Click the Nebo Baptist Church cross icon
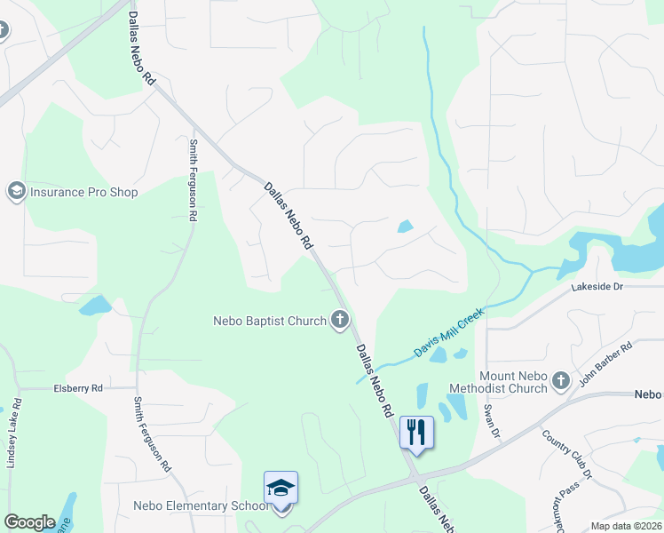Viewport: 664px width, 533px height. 339,320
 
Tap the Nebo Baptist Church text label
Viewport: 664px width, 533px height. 270,321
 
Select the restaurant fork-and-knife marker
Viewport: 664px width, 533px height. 416,433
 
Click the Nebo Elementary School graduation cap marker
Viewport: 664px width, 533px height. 281,489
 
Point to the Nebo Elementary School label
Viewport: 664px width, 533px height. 201,506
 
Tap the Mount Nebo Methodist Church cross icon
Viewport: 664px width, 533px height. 559,381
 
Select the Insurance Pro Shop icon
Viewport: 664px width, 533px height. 16,191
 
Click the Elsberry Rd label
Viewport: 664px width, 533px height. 78,388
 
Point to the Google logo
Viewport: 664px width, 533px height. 29,522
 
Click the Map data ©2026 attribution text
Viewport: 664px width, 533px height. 624,526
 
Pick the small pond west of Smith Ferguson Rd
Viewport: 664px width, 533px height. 94,306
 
